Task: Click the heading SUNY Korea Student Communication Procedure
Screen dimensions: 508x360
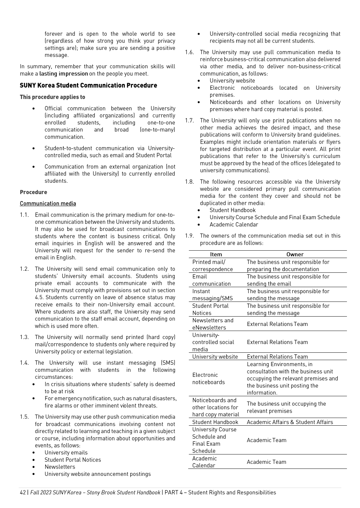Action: pyautogui.click(x=88, y=85)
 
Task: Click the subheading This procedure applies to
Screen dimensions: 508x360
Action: pyautogui.click(x=52, y=97)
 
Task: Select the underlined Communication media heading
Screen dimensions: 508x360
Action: pyautogui.click(x=48, y=203)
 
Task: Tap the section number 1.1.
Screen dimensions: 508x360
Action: pyautogui.click(x=24, y=215)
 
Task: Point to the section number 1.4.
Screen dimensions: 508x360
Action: pyautogui.click(x=24, y=363)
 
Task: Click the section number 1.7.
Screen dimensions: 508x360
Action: pyautogui.click(x=189, y=120)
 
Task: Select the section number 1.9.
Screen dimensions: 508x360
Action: pyautogui.click(x=189, y=236)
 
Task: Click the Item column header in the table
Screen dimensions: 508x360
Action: pyautogui.click(x=216, y=254)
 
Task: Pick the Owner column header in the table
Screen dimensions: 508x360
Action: pyautogui.click(x=295, y=254)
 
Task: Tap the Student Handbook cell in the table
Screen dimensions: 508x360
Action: pyautogui.click(x=215, y=422)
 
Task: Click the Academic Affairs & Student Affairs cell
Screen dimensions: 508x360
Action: pyautogui.click(x=290, y=422)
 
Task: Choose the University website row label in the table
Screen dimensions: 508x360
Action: pyautogui.click(x=215, y=357)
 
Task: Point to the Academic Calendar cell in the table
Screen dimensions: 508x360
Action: pyautogui.click(x=204, y=462)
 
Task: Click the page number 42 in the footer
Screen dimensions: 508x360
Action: pyautogui.click(x=23, y=492)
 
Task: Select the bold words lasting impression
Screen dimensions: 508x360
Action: pyautogui.click(x=64, y=74)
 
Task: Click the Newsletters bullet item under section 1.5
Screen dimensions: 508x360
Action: pyautogui.click(x=60, y=467)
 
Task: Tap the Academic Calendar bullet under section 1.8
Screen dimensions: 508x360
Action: pyautogui.click(x=234, y=225)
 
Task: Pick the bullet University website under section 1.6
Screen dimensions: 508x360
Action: pyautogui.click(x=232, y=81)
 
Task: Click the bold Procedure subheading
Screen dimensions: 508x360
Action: pyautogui.click(x=33, y=192)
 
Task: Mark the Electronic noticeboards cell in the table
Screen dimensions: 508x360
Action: pyautogui.click(x=208, y=378)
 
